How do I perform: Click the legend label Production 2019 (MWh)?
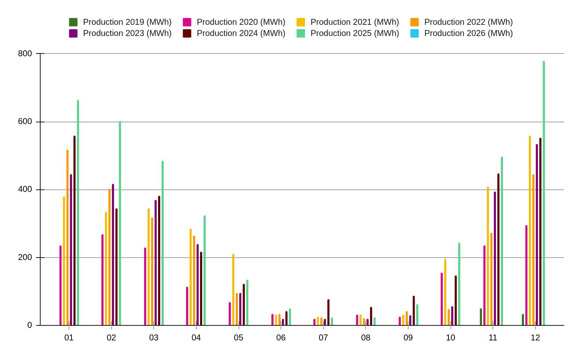[x=127, y=22]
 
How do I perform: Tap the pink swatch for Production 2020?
[x=187, y=22]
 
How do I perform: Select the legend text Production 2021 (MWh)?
[x=354, y=22]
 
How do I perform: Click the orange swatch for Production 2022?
[x=414, y=22]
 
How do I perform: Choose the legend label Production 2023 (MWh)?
[x=127, y=33]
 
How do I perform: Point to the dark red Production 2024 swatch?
[x=187, y=33]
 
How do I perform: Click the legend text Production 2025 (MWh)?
[x=354, y=33]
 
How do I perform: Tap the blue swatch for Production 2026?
[x=414, y=33]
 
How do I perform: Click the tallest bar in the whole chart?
[x=544, y=192]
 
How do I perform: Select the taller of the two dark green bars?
[x=481, y=317]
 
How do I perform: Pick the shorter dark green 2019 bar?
[x=523, y=319]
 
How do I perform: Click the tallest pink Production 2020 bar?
[x=526, y=275]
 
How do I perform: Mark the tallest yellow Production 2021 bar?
[x=530, y=230]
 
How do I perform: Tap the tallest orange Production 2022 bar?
[x=533, y=250]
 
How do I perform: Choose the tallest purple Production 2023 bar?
[x=537, y=235]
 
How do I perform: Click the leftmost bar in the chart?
[x=61, y=285]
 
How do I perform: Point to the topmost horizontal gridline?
[x=304, y=53]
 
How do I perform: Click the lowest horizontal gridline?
[x=304, y=258]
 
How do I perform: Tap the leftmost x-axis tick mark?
[x=69, y=327]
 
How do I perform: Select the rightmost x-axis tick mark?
[x=535, y=327]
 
